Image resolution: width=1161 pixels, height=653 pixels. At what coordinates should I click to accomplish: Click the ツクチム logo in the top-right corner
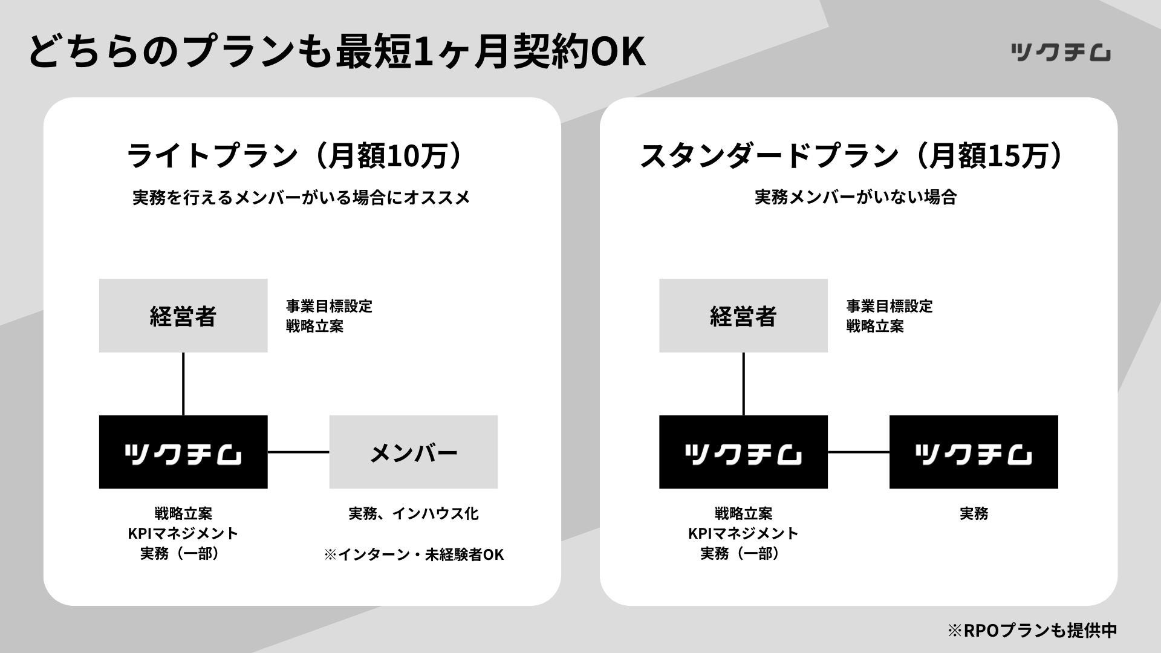click(1060, 53)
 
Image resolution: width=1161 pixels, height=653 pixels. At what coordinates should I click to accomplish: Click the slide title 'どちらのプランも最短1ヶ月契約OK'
click(337, 51)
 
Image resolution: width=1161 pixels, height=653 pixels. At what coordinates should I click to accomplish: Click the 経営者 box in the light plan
click(183, 316)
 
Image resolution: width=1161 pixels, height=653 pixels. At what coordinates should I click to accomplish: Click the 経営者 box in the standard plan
click(743, 316)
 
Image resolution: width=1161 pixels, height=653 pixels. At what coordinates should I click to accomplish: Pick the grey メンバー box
click(414, 452)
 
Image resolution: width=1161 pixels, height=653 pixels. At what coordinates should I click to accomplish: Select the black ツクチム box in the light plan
click(183, 452)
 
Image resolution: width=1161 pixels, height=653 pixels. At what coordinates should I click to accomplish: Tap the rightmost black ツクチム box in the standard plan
click(974, 452)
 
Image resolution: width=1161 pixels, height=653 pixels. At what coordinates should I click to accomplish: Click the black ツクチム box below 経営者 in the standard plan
click(743, 452)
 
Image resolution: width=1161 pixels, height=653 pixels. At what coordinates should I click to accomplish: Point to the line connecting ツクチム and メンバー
click(298, 452)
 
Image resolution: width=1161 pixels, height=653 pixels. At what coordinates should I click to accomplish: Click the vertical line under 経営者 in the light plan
click(183, 384)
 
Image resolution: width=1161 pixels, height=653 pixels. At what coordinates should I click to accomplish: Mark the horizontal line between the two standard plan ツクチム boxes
click(859, 452)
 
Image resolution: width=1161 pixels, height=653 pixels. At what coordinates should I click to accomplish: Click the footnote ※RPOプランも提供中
click(1032, 630)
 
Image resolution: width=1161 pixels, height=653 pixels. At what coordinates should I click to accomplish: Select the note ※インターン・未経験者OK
click(414, 554)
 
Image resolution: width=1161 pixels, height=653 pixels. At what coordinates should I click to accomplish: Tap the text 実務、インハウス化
click(414, 514)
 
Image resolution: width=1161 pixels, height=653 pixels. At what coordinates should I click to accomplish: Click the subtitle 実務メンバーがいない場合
click(855, 197)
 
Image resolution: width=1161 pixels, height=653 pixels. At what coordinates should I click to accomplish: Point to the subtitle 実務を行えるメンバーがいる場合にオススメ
click(301, 198)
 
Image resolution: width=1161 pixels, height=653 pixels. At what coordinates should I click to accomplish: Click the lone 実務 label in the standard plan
click(974, 514)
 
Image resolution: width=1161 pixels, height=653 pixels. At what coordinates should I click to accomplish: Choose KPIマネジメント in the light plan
click(183, 533)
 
